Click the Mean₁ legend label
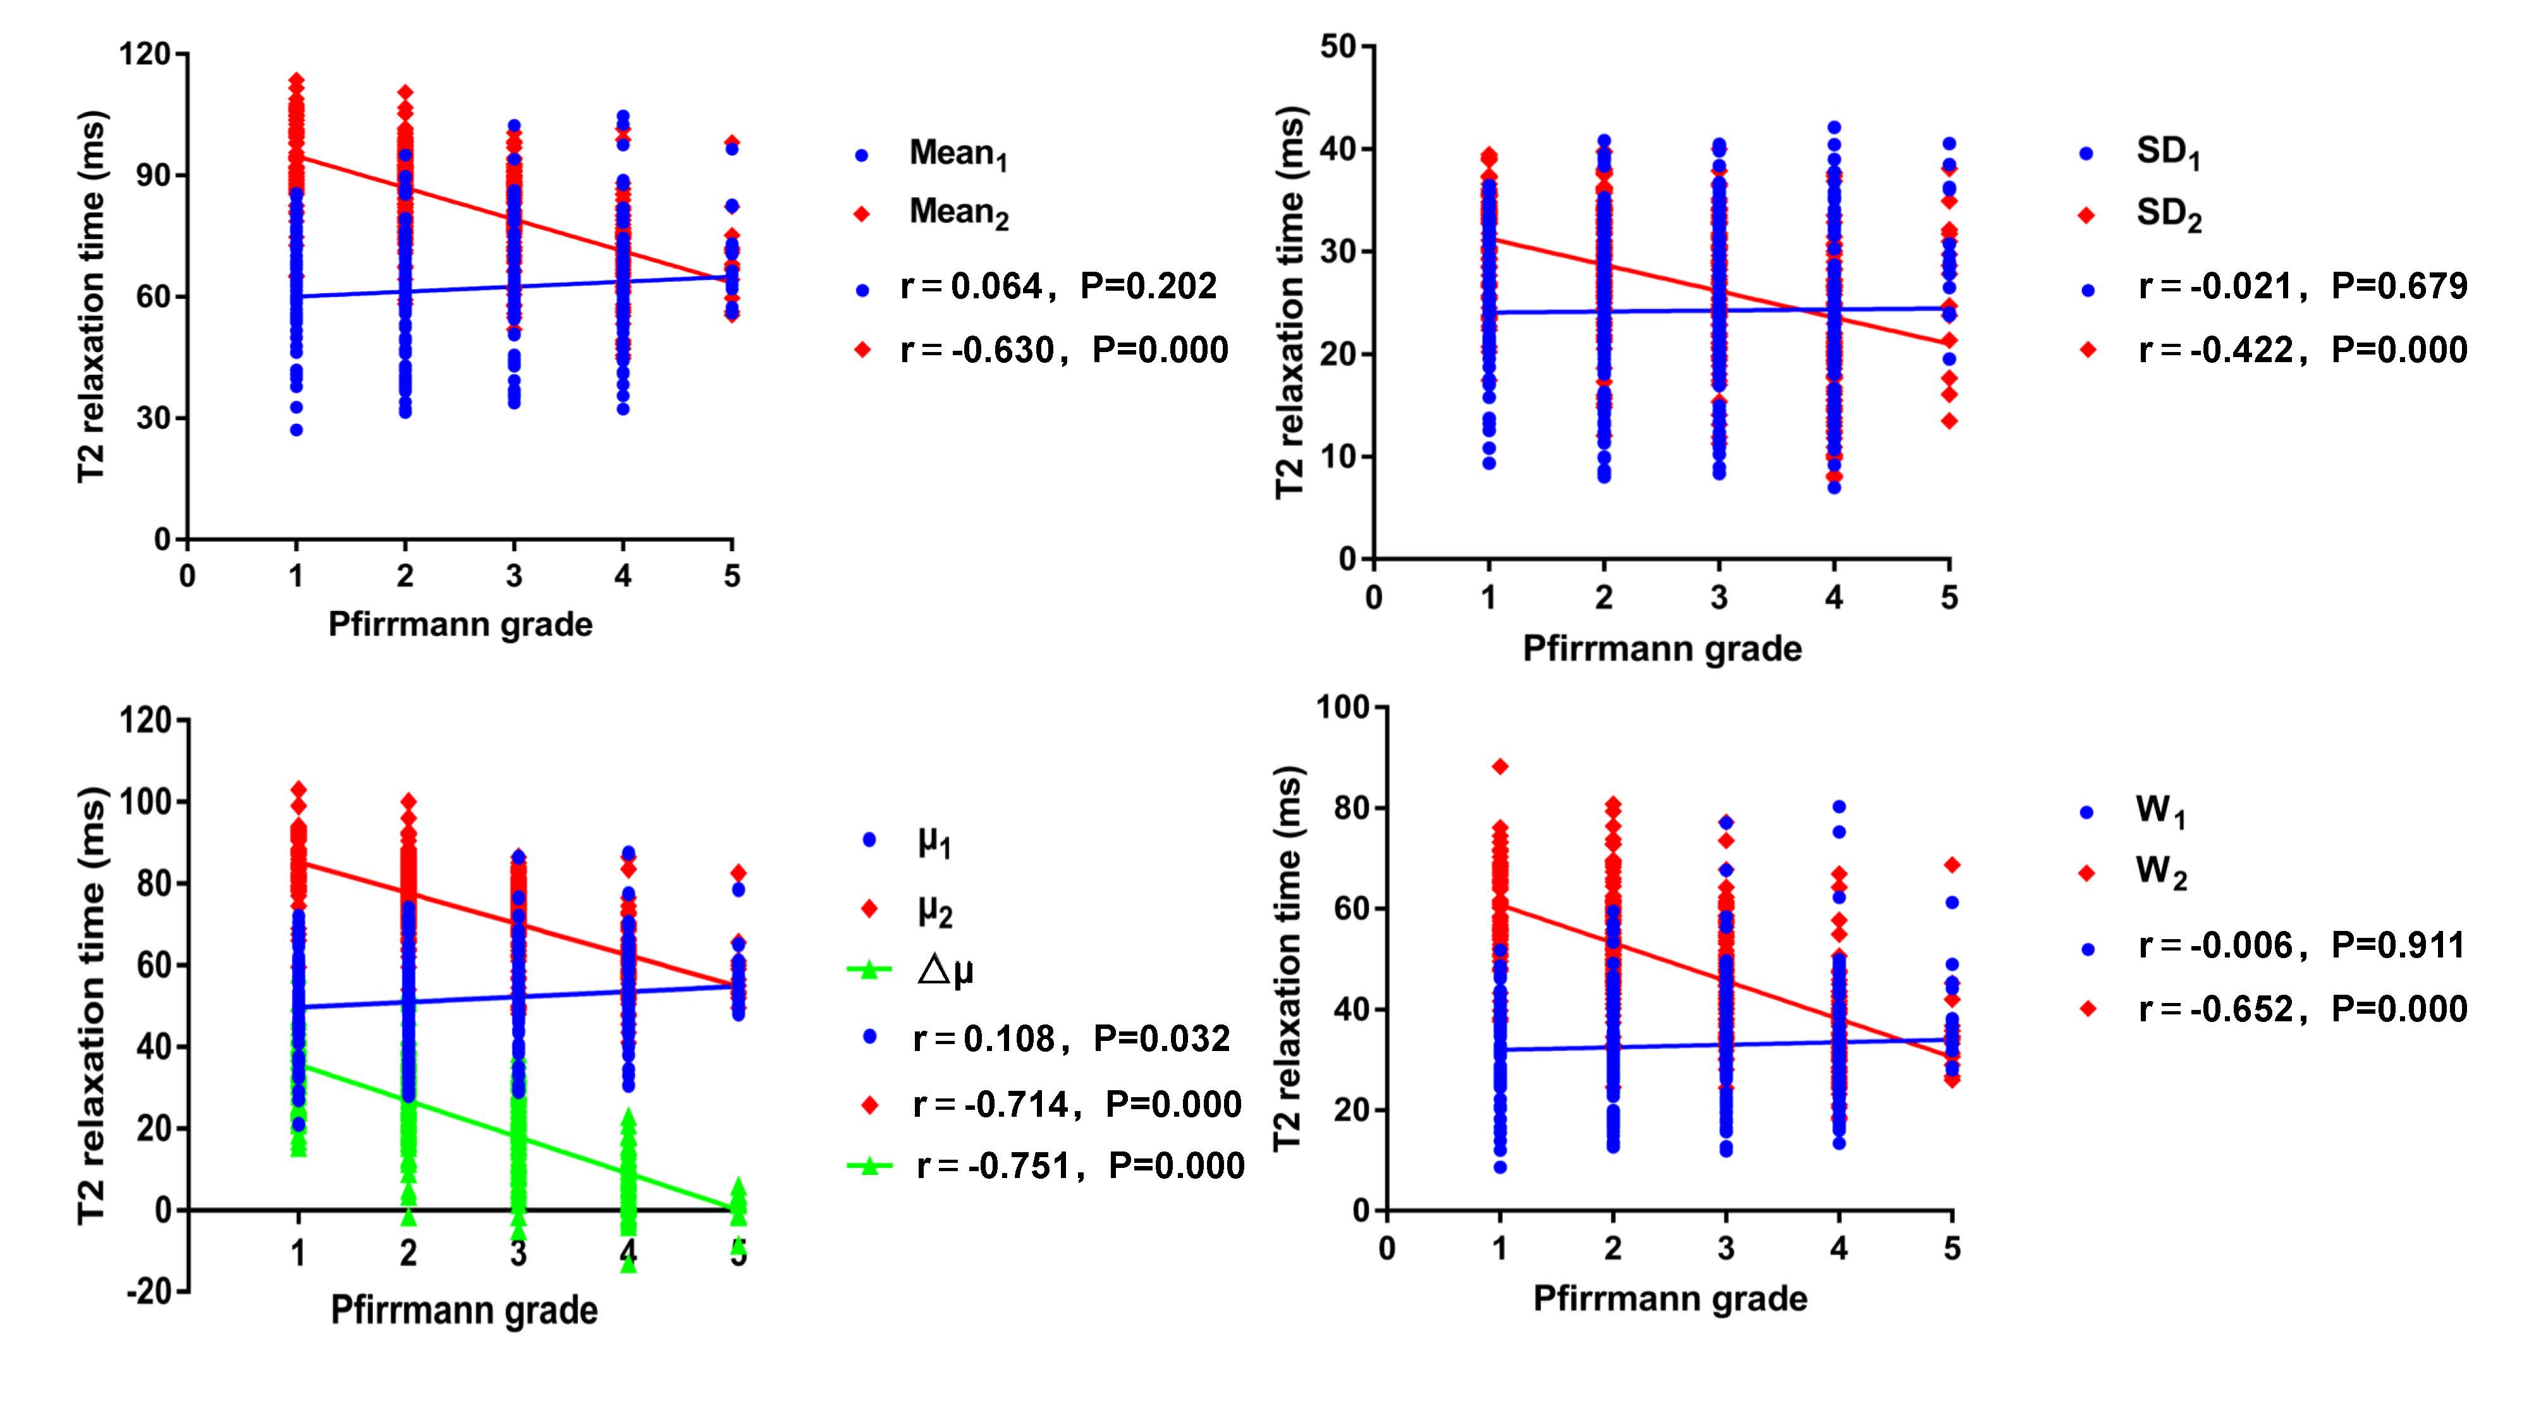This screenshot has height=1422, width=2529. (957, 154)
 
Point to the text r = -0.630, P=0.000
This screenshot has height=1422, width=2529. (1064, 350)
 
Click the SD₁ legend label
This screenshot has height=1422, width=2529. (2168, 153)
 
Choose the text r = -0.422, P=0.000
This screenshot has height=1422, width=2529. (2302, 350)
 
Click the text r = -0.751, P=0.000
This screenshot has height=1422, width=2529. (1080, 1166)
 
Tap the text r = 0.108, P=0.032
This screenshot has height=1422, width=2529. (1071, 1038)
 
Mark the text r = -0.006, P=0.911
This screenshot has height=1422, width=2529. (2301, 945)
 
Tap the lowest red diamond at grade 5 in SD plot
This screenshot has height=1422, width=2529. (1949, 421)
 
